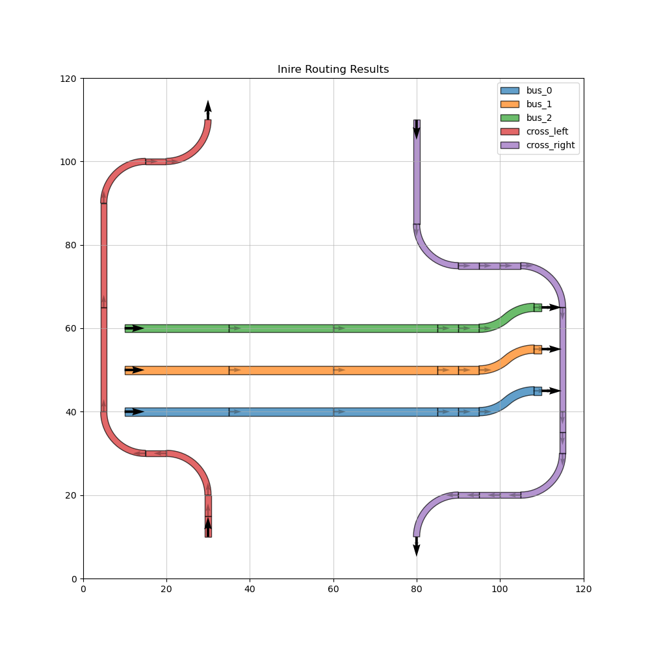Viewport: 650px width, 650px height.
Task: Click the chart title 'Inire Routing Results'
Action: (x=333, y=70)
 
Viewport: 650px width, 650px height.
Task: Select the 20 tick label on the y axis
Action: (x=70, y=495)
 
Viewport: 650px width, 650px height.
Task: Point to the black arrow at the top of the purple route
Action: (x=417, y=129)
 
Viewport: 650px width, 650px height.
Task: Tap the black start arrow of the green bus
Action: (x=135, y=328)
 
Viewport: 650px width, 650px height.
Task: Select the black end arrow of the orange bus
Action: (x=551, y=349)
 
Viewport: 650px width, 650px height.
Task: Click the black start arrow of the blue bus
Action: (x=135, y=411)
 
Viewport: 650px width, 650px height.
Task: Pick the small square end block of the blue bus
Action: (x=538, y=391)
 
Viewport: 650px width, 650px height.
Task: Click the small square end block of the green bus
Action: (x=538, y=307)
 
